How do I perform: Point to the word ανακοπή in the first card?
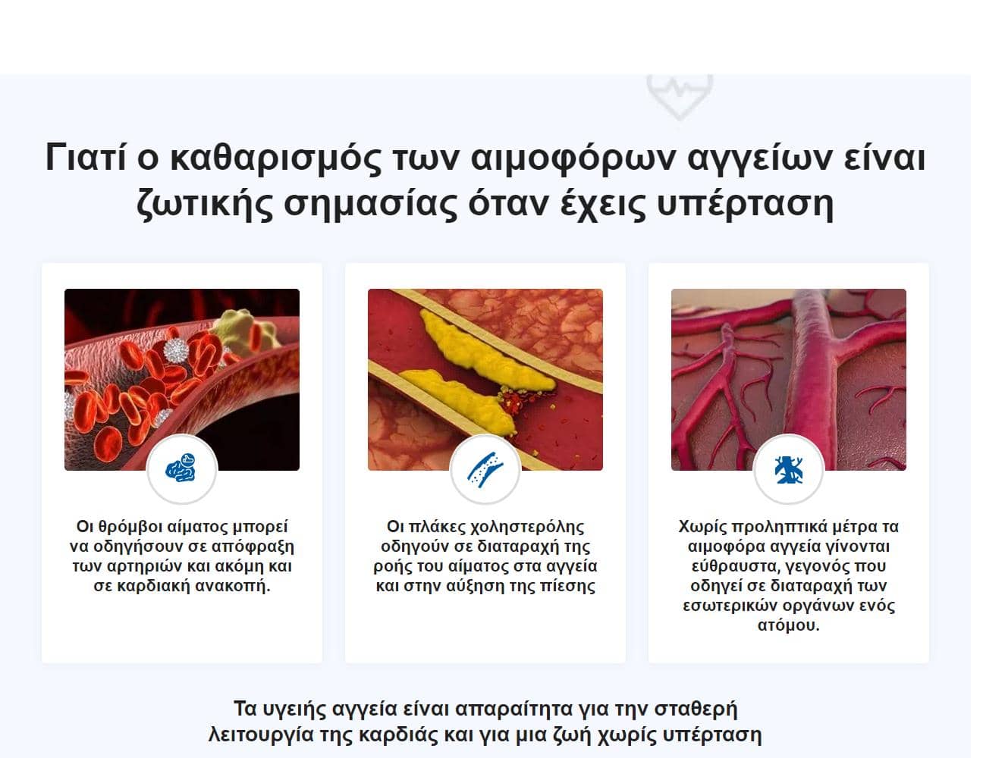(233, 586)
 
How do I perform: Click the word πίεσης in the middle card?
(567, 586)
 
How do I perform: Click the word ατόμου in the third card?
(788, 625)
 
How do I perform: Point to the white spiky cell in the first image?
(176, 350)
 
